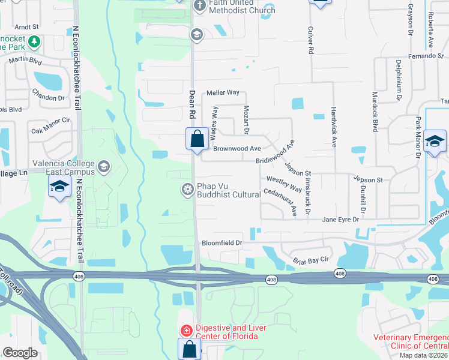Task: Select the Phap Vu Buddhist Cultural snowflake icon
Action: [x=187, y=190]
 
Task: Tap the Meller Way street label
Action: [x=223, y=93]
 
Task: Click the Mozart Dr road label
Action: [x=246, y=119]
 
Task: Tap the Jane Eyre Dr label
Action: [x=340, y=220]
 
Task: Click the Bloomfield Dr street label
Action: [x=221, y=243]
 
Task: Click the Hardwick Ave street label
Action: [x=334, y=127]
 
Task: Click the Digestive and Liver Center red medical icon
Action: [x=187, y=330]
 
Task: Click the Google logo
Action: [x=20, y=353]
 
